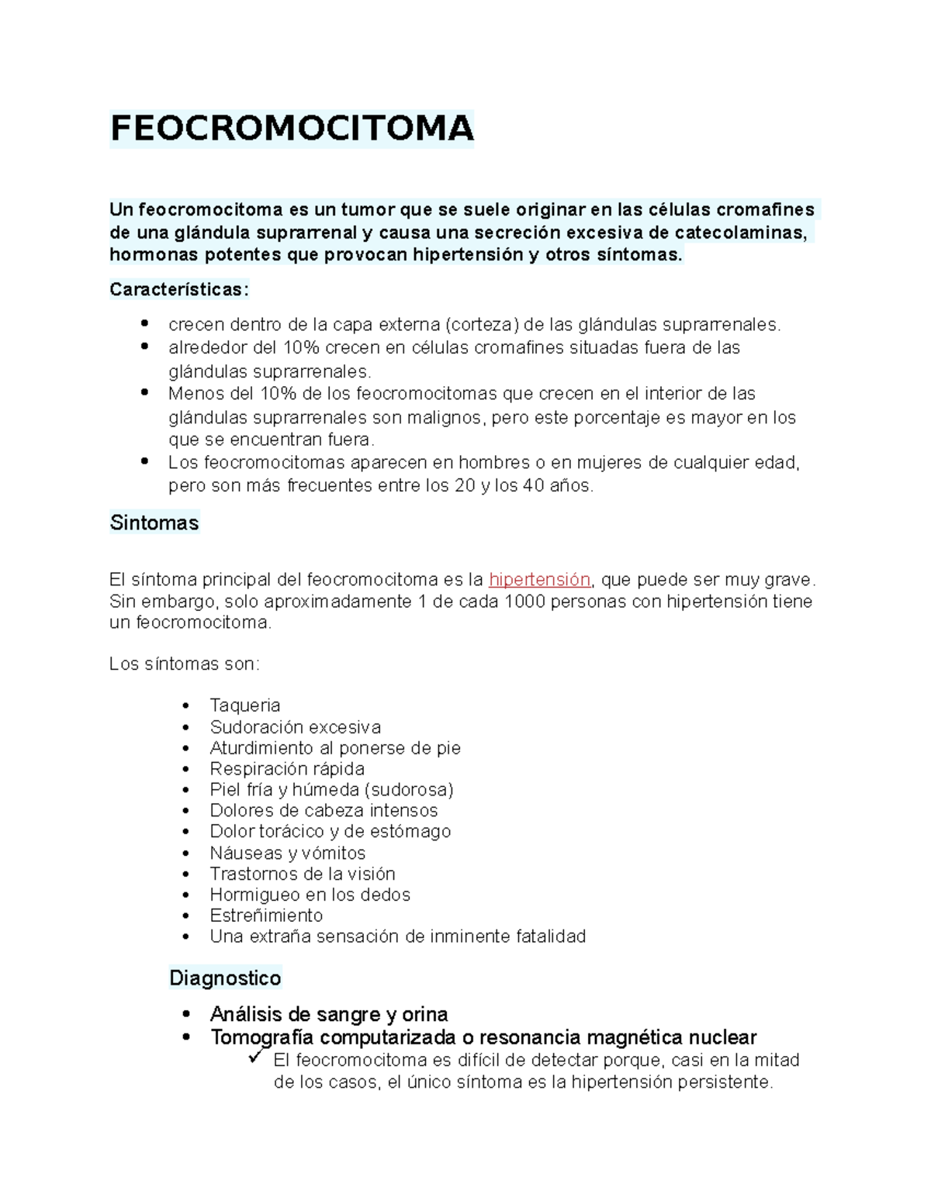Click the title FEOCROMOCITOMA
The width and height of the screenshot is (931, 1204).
tap(291, 129)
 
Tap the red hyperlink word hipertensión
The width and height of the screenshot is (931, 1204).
tap(539, 580)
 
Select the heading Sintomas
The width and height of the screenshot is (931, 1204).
tap(154, 523)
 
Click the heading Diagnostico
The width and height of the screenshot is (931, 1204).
tap(225, 978)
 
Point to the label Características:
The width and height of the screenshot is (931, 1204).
tap(179, 290)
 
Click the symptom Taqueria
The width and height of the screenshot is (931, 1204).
tap(244, 705)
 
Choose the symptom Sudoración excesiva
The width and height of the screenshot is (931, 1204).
tap(295, 727)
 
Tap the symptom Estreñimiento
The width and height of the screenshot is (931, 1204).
tap(266, 916)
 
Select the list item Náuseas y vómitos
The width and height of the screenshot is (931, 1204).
tap(287, 853)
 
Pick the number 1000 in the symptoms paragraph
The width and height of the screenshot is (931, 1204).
tap(524, 602)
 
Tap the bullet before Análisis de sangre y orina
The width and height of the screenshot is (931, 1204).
tap(185, 1015)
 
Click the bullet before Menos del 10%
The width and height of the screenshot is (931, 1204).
tap(144, 393)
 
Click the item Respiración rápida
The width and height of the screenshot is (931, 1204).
tap(287, 769)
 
